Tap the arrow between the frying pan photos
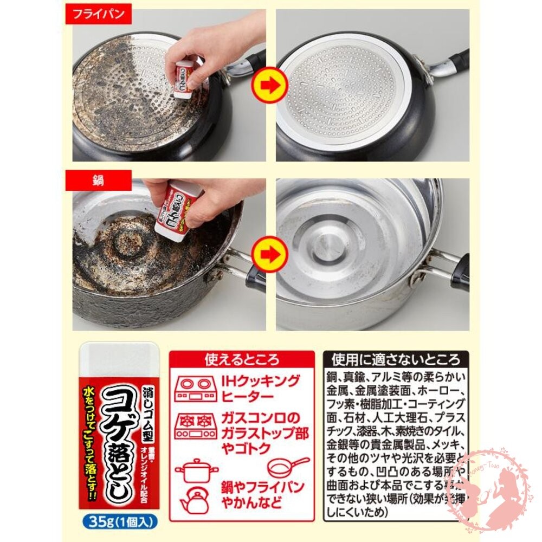click(x=270, y=85)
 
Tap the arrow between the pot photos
click(x=270, y=253)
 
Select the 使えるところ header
click(x=242, y=359)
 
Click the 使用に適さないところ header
click(x=396, y=359)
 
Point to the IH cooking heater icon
click(x=196, y=389)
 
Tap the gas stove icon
click(x=196, y=426)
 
